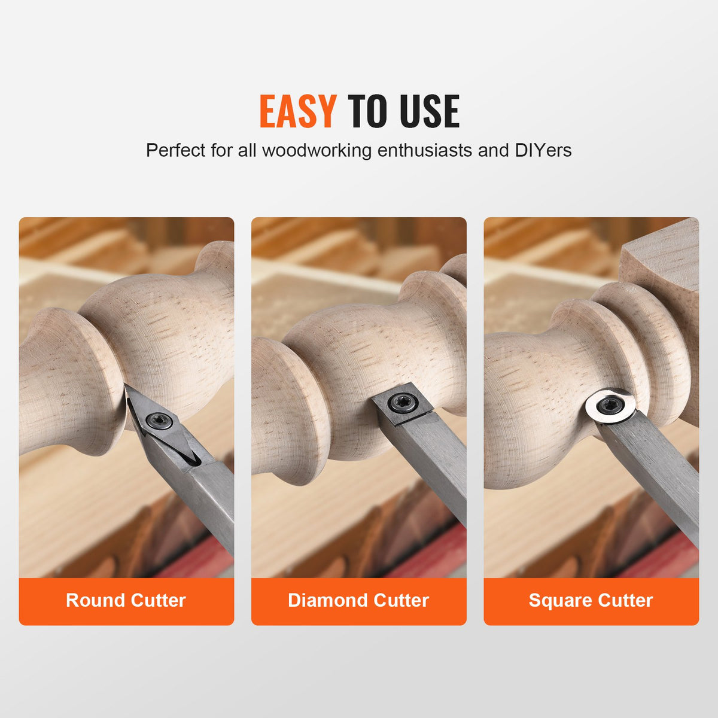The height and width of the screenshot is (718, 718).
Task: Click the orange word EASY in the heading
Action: (x=297, y=111)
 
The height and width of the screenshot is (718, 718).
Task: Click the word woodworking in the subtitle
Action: (x=317, y=150)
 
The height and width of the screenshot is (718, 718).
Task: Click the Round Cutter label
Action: (x=126, y=600)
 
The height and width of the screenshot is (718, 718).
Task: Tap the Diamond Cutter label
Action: (x=358, y=600)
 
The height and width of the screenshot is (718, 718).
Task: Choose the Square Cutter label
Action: (x=591, y=600)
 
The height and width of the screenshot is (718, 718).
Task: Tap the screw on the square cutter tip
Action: (x=399, y=403)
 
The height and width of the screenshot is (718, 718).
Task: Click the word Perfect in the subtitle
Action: (x=176, y=150)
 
